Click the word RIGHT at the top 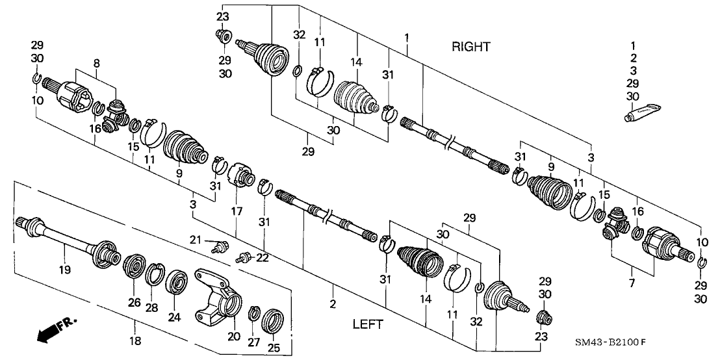[x=471, y=46]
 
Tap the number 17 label [x=237, y=211]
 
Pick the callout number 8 [x=96, y=63]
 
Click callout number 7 [x=632, y=283]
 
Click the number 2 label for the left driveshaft [x=332, y=303]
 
